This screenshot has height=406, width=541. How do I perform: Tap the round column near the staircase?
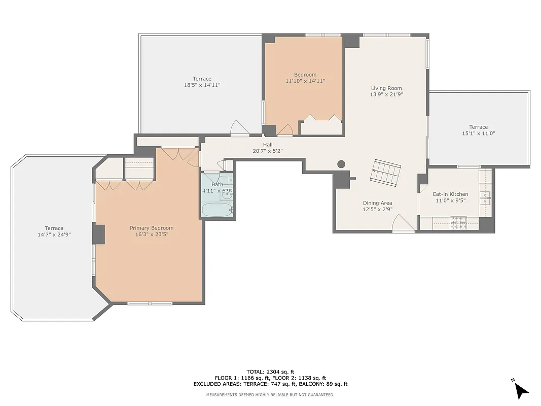coord(341,164)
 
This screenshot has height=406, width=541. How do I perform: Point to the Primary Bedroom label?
coord(152,228)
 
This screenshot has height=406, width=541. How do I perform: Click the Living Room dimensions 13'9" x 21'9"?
coord(386,94)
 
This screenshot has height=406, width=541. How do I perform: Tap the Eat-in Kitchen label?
coord(450,194)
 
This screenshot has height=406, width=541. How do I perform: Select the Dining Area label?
coord(377,203)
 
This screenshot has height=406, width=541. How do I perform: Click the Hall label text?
coord(268,145)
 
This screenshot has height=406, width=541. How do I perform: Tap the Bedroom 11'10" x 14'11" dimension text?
coord(305,81)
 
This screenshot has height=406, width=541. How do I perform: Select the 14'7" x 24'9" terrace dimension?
coord(54,235)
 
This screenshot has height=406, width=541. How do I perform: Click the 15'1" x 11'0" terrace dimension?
coord(478,133)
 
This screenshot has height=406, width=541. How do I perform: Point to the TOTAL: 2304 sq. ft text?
coord(270,371)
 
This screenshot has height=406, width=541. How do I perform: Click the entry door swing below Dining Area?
coord(404,224)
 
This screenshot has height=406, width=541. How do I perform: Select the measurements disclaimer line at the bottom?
coord(270,394)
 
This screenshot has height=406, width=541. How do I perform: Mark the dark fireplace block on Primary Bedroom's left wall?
coord(99,234)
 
